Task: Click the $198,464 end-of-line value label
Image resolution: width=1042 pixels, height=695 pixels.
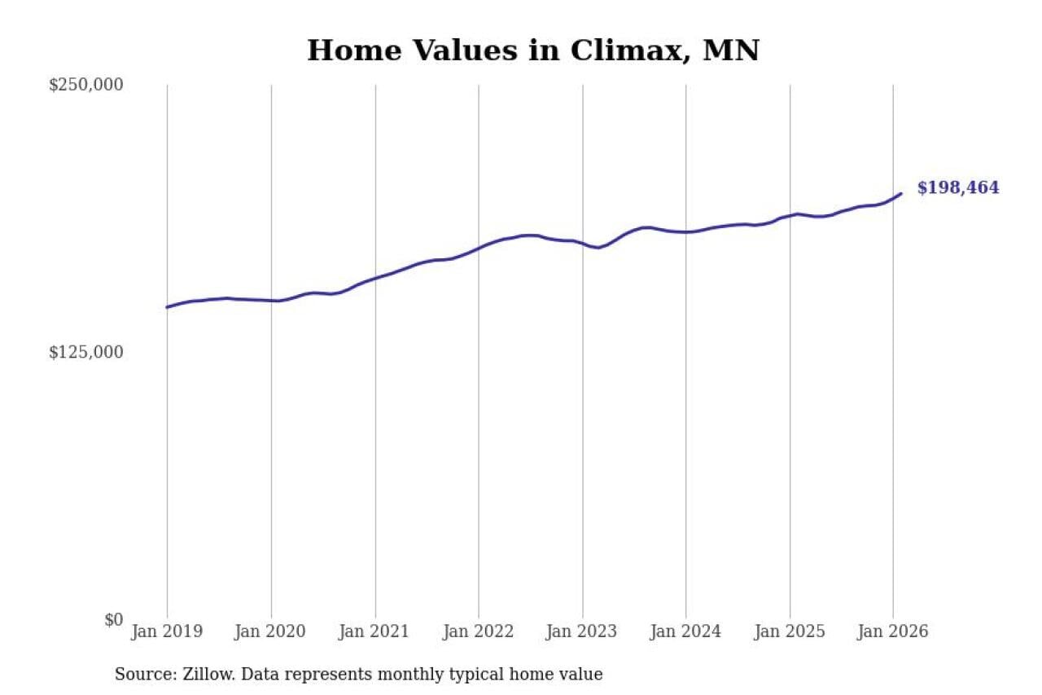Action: pyautogui.click(x=957, y=188)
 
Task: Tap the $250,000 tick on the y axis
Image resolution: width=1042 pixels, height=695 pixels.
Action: pyautogui.click(x=85, y=85)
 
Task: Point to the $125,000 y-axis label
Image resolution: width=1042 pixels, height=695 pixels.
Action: pyautogui.click(x=85, y=352)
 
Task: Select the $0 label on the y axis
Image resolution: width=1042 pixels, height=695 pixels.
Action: pyautogui.click(x=113, y=619)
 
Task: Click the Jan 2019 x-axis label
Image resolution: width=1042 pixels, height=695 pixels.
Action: pyautogui.click(x=167, y=631)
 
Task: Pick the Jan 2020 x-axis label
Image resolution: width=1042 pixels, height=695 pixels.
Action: pyautogui.click(x=271, y=631)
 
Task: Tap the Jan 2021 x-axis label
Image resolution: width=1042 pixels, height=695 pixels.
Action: pyautogui.click(x=375, y=631)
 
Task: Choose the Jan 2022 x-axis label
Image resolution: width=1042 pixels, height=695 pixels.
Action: pyautogui.click(x=479, y=631)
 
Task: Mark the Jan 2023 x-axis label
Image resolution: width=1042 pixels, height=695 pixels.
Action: pyautogui.click(x=582, y=631)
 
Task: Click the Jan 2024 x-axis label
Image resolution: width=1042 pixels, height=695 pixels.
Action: pyautogui.click(x=686, y=631)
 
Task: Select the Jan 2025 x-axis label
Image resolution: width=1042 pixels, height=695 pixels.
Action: pyautogui.click(x=790, y=631)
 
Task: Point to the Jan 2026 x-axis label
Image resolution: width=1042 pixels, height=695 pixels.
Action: pyautogui.click(x=893, y=631)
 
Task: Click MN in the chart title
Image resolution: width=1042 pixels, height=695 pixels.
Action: pyautogui.click(x=730, y=51)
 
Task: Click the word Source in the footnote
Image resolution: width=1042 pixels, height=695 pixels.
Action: pyautogui.click(x=141, y=675)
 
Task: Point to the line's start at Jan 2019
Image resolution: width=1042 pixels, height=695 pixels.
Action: pyautogui.click(x=167, y=307)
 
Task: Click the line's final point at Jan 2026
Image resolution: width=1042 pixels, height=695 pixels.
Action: pyautogui.click(x=900, y=193)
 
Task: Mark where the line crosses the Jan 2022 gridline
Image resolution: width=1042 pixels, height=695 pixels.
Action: pyautogui.click(x=479, y=248)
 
